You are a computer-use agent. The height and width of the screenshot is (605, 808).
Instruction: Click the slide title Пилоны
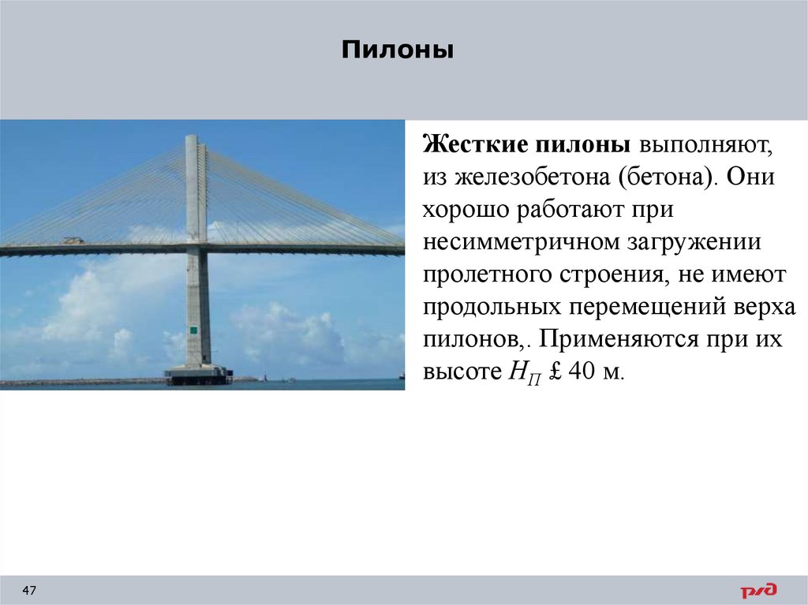tap(398, 51)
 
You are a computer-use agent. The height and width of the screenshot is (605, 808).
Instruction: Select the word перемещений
tap(636, 308)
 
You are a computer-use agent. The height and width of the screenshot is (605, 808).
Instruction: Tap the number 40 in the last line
tap(583, 373)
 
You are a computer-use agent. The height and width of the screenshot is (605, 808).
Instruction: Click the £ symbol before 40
tap(554, 373)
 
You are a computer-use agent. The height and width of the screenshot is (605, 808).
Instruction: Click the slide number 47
tap(30, 591)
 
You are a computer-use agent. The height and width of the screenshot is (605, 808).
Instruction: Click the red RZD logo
tap(757, 590)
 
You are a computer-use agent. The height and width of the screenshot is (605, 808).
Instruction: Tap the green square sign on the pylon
tap(193, 329)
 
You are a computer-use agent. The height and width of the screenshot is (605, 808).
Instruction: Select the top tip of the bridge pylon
tap(192, 138)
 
